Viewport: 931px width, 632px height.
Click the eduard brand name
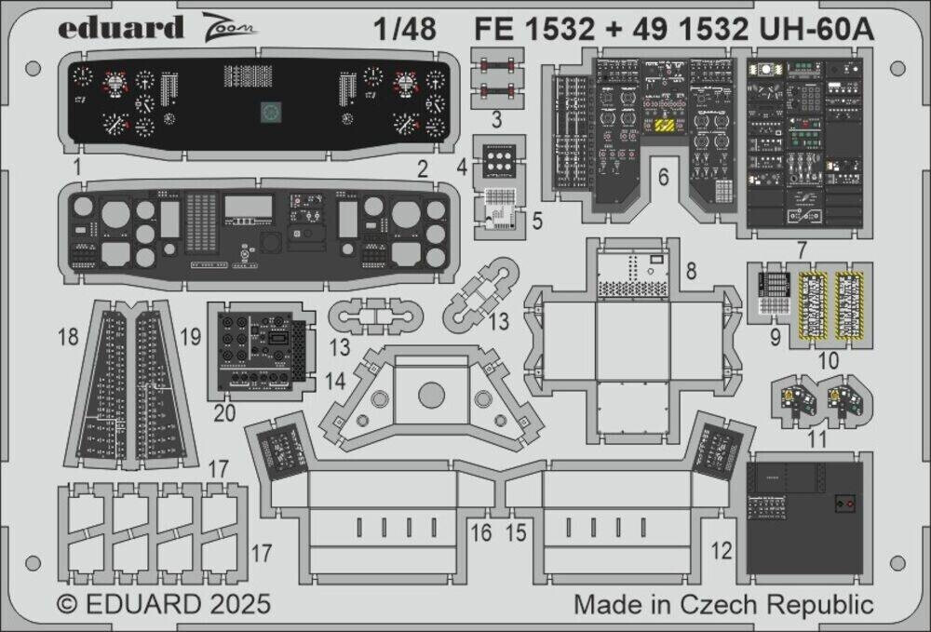click(x=121, y=29)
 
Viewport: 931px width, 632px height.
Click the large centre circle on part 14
click(x=431, y=395)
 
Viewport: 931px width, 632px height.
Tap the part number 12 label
click(x=722, y=549)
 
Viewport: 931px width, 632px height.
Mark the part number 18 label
click(x=68, y=339)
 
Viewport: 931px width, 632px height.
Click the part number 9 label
click(x=775, y=339)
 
